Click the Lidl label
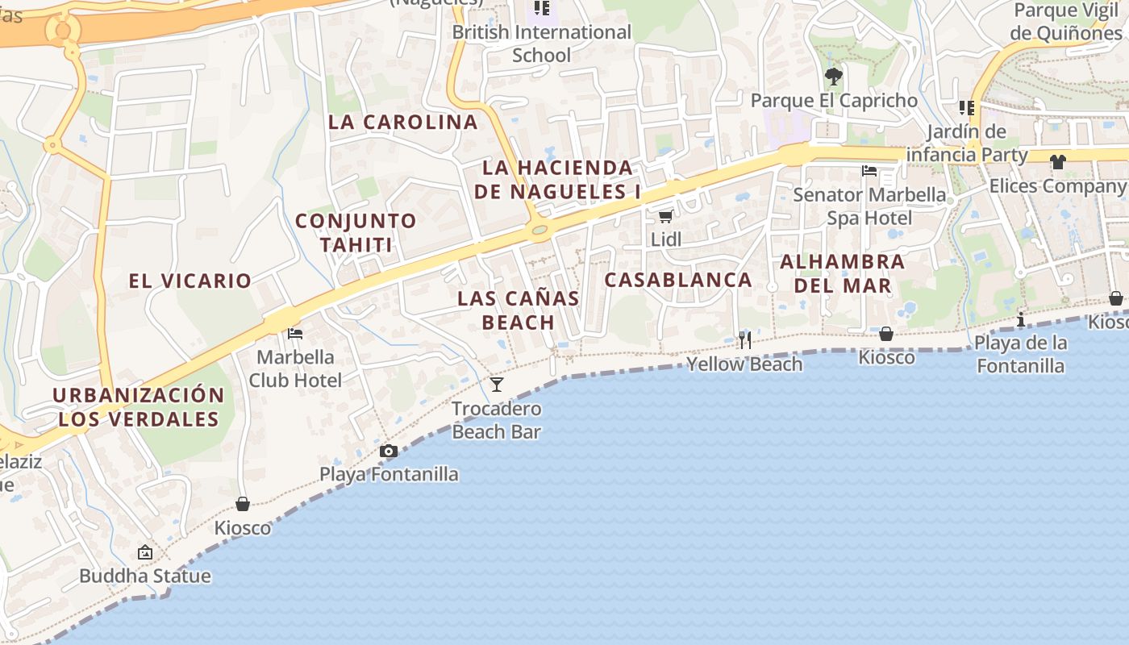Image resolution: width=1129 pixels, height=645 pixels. click(666, 239)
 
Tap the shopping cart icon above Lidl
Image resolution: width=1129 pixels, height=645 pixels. click(665, 216)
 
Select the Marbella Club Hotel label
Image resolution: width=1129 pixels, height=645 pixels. click(295, 368)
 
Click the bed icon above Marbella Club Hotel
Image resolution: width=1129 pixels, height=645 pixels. click(295, 333)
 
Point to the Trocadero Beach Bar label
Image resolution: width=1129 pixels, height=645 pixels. click(496, 420)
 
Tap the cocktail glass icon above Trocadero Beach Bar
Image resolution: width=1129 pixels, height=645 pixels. click(497, 385)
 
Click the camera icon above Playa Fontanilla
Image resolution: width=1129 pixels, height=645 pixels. click(389, 451)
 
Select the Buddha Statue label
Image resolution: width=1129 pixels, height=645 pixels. click(145, 576)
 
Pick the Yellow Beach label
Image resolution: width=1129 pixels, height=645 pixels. click(744, 364)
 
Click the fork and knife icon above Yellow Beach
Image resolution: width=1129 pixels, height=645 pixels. click(744, 339)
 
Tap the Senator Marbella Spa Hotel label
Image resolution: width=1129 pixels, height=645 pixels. click(869, 206)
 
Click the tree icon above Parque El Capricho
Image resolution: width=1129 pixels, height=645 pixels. click(834, 77)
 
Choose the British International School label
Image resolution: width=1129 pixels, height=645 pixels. click(541, 44)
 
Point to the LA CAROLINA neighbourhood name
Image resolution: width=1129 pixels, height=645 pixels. click(403, 123)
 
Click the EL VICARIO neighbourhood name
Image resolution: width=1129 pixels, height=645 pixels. click(190, 281)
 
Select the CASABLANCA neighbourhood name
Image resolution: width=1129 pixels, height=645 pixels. click(678, 280)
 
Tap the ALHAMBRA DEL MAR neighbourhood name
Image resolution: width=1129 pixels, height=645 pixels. click(843, 273)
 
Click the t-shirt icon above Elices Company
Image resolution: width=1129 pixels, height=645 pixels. click(1058, 162)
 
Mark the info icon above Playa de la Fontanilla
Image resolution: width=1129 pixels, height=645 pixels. click(1021, 319)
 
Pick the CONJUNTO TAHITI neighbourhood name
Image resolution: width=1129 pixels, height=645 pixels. click(356, 232)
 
